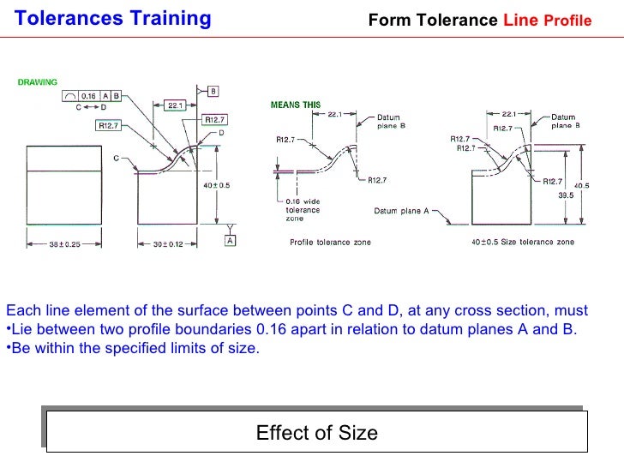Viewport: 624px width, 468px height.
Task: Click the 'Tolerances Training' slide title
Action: click(x=113, y=18)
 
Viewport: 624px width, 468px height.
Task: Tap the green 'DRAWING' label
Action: click(x=38, y=83)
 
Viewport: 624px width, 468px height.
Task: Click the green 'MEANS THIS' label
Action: click(x=296, y=105)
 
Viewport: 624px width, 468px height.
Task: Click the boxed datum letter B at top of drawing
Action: click(x=213, y=90)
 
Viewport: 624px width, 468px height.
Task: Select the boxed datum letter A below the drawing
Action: click(x=231, y=241)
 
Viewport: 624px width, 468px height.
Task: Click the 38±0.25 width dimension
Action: click(x=63, y=243)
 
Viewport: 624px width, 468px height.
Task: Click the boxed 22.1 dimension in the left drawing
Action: click(x=175, y=105)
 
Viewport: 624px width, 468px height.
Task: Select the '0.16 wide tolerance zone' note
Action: click(x=303, y=210)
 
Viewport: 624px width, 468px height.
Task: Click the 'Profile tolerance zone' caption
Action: click(x=330, y=243)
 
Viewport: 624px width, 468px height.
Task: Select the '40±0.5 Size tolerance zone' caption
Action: click(x=522, y=243)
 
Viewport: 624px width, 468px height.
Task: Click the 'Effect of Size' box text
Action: click(x=316, y=433)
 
